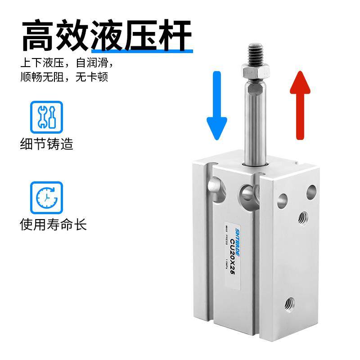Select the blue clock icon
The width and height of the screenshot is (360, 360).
point(46,198)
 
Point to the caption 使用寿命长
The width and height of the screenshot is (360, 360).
point(53,224)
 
